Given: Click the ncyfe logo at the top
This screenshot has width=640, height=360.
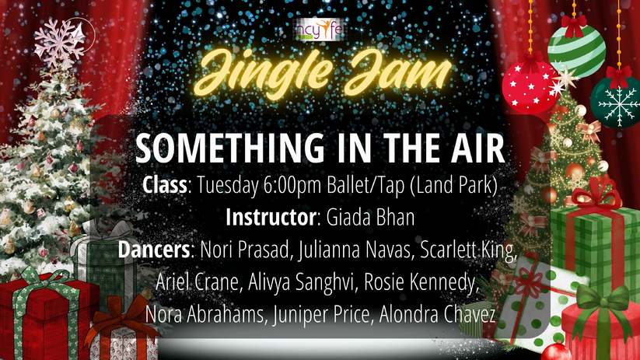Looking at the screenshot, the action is [x=320, y=30].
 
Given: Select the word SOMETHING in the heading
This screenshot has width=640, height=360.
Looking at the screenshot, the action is [x=229, y=149].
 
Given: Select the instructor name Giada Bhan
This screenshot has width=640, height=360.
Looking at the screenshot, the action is [x=370, y=217].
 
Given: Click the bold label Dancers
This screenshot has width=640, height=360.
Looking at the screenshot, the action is [x=153, y=250].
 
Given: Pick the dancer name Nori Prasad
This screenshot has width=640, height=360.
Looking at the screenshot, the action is [x=244, y=250].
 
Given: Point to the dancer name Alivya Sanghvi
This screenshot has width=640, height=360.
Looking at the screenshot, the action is [x=300, y=281].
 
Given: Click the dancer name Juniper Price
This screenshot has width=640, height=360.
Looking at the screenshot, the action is [x=321, y=314].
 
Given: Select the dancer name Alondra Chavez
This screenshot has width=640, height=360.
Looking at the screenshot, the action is [x=437, y=314].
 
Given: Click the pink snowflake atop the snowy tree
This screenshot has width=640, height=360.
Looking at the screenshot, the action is [x=60, y=43].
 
